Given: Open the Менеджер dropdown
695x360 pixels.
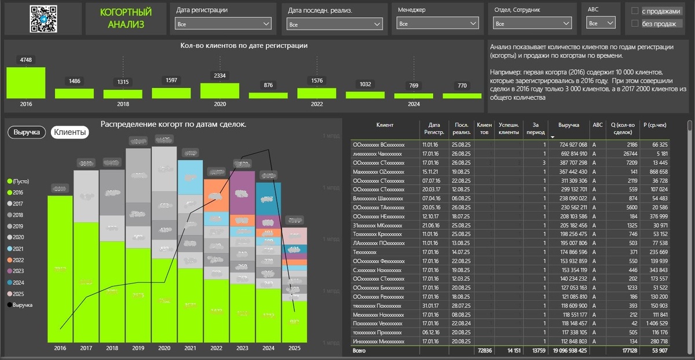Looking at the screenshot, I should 438,24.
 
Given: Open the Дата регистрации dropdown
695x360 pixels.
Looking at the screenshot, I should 223,24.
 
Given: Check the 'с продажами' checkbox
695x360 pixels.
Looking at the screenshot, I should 635,11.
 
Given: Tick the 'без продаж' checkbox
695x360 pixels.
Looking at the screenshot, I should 635,24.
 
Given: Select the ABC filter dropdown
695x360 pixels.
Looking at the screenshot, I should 601,24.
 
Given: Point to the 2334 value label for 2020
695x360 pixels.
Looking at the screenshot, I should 220,76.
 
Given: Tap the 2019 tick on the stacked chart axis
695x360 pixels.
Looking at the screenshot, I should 138,348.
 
